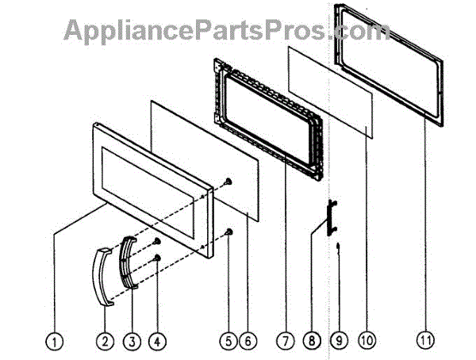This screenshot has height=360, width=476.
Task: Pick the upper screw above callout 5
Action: pos(228,181)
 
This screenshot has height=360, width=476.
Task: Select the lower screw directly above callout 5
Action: pos(228,231)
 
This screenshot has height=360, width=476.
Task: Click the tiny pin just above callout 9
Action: pos(338,246)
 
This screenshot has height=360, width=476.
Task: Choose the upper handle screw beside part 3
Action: pos(158,240)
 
